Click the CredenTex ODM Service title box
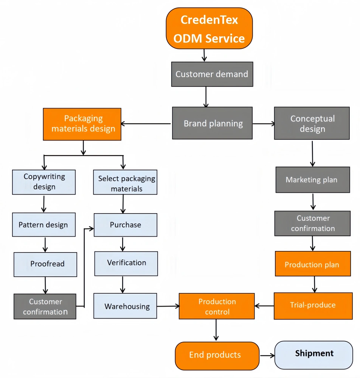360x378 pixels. [209, 28]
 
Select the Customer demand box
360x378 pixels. [212, 74]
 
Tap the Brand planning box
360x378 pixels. [213, 123]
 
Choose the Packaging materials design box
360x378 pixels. [82, 124]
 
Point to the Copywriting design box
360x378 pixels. [44, 182]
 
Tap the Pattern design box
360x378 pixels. [44, 225]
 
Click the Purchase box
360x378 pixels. [126, 225]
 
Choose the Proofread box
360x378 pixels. [45, 264]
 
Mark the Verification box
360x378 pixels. [126, 263]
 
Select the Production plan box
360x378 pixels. [312, 264]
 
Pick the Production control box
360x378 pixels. [217, 307]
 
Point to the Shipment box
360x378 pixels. [313, 355]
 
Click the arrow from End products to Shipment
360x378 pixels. [267, 355]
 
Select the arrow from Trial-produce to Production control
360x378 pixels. [264, 306]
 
